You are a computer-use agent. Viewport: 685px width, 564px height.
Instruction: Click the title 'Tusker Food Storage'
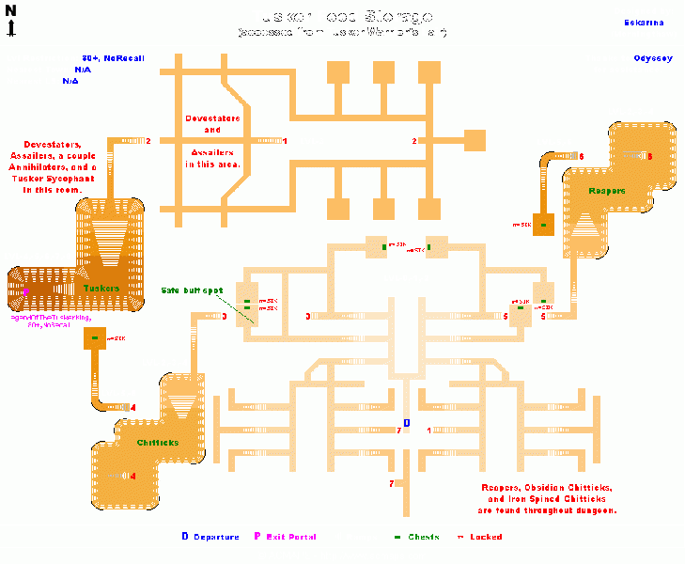[x=341, y=17]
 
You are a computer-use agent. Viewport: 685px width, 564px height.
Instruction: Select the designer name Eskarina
[x=638, y=22]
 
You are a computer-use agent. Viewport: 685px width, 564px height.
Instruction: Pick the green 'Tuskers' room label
[x=101, y=288]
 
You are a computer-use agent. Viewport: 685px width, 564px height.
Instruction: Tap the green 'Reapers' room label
[x=607, y=192]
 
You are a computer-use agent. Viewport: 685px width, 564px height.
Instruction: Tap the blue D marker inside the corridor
[x=406, y=424]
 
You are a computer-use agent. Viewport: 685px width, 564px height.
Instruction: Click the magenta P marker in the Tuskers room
[x=26, y=292]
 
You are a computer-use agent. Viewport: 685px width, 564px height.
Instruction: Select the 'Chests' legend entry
[x=423, y=537]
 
